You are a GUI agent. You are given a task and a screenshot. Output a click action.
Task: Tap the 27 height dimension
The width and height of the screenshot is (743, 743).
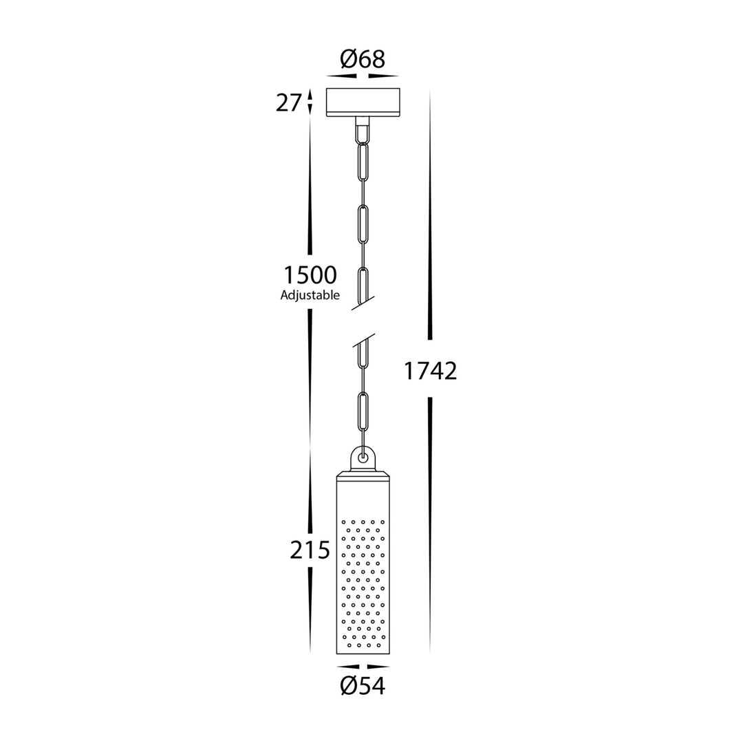288,103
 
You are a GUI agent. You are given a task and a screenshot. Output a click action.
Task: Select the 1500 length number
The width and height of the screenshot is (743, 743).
310,274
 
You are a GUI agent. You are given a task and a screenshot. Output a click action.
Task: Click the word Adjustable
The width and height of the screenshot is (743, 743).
310,295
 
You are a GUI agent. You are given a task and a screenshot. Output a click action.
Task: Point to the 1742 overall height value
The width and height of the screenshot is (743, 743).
430,371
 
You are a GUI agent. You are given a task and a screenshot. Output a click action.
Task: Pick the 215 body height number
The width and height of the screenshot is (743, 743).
310,550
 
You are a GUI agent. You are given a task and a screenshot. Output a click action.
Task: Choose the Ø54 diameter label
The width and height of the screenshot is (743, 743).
363,686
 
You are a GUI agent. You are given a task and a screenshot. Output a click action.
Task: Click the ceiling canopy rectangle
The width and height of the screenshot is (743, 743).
363,102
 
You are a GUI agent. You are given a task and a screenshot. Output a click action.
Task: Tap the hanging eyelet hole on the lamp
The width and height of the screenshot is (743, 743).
363,457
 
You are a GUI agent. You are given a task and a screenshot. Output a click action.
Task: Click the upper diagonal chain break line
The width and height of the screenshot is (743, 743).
363,303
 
